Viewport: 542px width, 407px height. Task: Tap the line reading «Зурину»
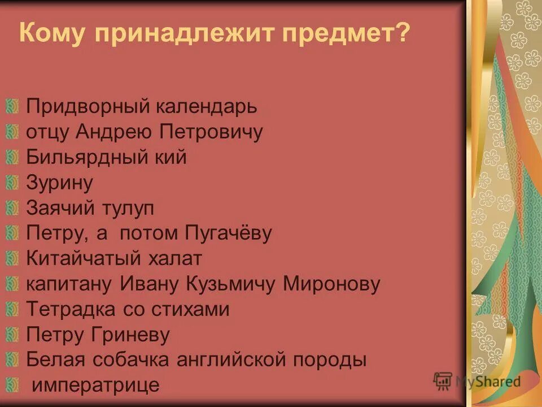click(x=59, y=183)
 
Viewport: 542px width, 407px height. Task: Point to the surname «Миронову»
click(x=331, y=284)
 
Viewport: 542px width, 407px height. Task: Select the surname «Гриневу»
click(x=129, y=335)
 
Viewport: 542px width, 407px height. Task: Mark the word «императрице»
click(x=95, y=386)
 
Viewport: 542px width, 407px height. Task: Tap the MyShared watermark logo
click(x=477, y=381)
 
